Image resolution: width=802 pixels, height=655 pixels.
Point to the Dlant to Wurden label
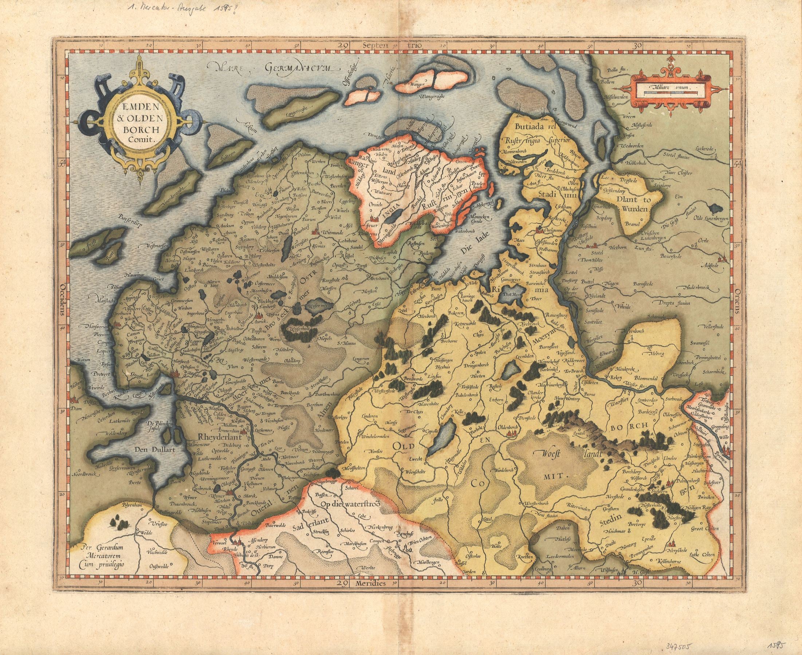[x=634, y=203]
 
